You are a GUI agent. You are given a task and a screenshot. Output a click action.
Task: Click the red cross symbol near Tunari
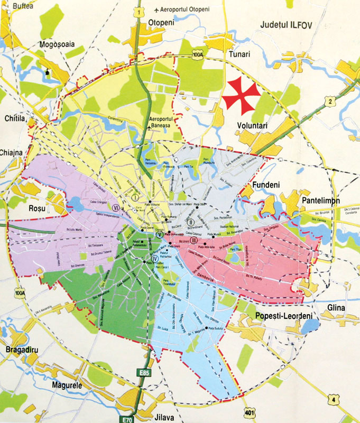coord(242,94)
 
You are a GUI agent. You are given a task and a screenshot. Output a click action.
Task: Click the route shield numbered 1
coord(139,11)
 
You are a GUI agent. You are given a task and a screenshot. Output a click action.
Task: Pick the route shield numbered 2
coord(330,100)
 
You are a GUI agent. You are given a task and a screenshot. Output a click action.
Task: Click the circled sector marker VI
coord(115,207)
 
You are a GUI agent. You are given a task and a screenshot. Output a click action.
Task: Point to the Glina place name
coord(336,308)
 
